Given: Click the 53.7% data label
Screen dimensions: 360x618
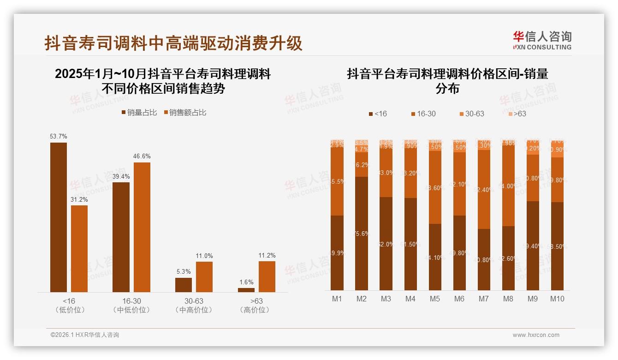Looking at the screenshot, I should [x=59, y=137].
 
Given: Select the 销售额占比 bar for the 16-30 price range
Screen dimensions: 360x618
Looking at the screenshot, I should [x=142, y=227].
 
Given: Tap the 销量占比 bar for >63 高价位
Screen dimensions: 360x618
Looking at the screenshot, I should [x=246, y=290].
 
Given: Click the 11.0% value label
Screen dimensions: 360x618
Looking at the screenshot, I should [x=204, y=256].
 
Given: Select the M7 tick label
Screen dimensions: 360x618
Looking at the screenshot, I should [x=483, y=299].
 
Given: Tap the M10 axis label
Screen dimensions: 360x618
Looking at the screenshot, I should [x=557, y=299].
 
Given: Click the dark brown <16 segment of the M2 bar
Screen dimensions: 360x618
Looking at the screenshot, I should [x=362, y=233].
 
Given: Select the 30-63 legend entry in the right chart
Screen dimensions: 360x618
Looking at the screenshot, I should [x=472, y=114].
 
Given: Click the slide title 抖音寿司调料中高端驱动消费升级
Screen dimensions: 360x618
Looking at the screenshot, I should [x=173, y=43].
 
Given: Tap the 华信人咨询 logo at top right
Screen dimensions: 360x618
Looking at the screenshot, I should [x=542, y=40].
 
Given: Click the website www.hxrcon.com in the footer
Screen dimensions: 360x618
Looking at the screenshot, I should [x=536, y=335].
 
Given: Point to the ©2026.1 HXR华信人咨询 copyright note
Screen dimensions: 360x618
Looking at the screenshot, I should [x=84, y=335].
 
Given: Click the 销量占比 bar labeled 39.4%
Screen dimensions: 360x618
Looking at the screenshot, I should [x=121, y=237].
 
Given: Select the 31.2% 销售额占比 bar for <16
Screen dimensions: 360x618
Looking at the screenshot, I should [x=79, y=248].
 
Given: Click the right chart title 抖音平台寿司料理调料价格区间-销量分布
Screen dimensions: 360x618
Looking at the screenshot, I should [x=447, y=81].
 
